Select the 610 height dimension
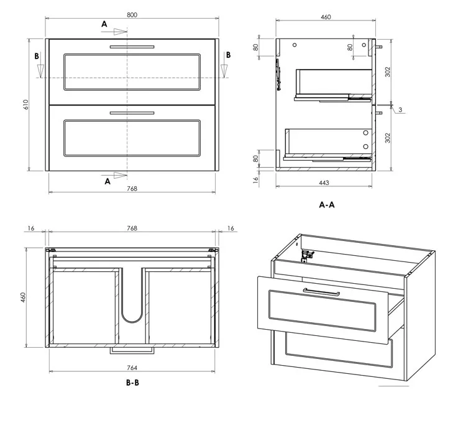pos(25,105)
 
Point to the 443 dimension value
pos(324,183)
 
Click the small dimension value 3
pos(401,110)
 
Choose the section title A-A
pos(327,204)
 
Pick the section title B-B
pos(132,383)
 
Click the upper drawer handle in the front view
pos(132,47)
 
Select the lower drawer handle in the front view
pos(132,113)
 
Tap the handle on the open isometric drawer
pos(321,291)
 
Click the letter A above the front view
pos(104,24)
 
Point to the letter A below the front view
pos(107,181)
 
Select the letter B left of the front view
pos(37,55)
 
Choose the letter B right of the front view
pos(228,55)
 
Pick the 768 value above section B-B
pos(132,229)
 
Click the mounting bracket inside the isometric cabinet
pos(305,255)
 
